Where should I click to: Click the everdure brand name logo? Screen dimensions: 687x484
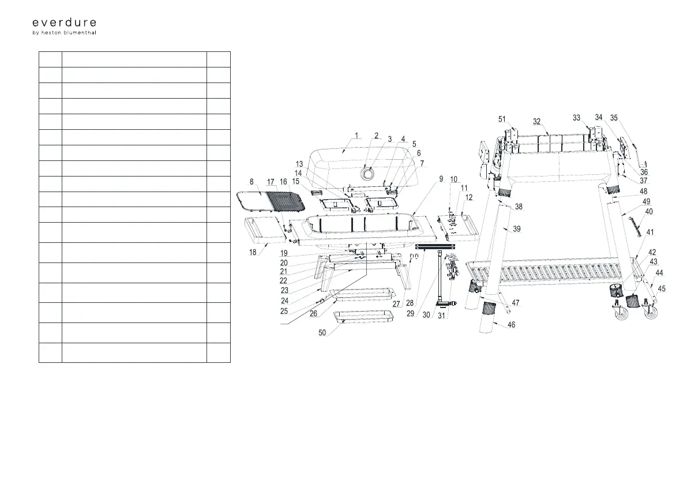pos(64,22)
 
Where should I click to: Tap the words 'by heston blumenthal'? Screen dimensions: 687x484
pos(64,33)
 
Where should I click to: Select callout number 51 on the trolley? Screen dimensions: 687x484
pos(502,119)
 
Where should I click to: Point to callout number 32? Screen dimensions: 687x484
pos(536,122)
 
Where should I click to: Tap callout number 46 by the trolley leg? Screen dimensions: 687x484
pos(511,325)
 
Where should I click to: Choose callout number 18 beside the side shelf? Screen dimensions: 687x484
pos(253,253)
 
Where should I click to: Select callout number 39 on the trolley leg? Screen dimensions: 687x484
pos(516,229)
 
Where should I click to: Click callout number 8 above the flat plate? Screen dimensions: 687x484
pos(251,182)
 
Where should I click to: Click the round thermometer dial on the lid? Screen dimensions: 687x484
pos(367,172)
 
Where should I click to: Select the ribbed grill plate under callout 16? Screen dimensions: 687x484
pos(286,202)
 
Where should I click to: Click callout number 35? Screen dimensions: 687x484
pos(614,118)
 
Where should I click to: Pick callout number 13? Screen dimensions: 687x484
pos(299,164)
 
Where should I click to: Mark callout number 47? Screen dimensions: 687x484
pos(516,302)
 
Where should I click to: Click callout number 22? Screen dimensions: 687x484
pos(284,281)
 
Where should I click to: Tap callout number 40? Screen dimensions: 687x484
pos(649,212)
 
